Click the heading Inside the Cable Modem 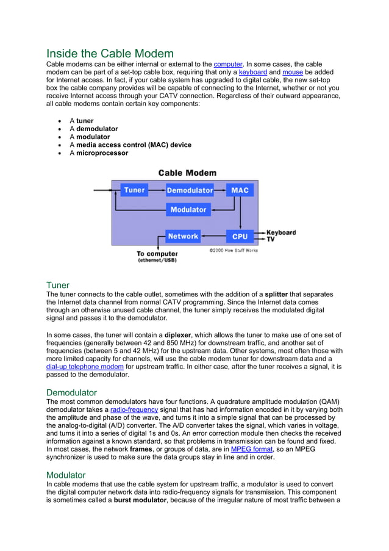click(x=110, y=53)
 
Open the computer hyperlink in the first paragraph click(x=227, y=64)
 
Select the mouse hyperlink click(x=293, y=72)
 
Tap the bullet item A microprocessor click(x=98, y=153)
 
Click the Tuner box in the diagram click(x=134, y=190)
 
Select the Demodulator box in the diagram click(x=190, y=190)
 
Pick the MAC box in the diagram click(x=240, y=190)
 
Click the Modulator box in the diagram click(x=188, y=210)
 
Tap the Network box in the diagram click(x=183, y=236)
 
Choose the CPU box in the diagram click(x=240, y=236)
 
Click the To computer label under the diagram click(x=157, y=254)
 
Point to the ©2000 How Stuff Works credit click(x=234, y=250)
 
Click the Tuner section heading click(x=58, y=285)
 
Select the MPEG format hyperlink click(x=252, y=449)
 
